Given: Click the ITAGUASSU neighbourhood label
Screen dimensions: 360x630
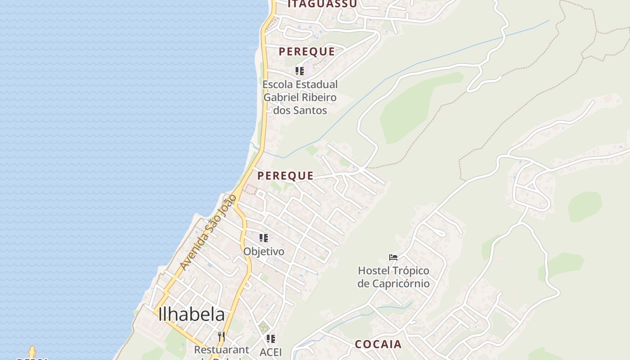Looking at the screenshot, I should (x=322, y=4).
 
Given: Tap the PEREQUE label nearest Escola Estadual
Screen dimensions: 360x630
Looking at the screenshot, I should (x=306, y=52).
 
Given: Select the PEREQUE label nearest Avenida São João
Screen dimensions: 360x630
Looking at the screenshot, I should (x=285, y=176).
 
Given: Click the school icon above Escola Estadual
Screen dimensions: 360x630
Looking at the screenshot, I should (x=300, y=71).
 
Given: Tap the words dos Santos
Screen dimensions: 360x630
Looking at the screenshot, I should (x=300, y=110).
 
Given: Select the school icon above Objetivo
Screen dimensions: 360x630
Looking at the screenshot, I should (x=264, y=238).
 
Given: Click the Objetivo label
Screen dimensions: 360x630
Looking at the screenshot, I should (x=264, y=252).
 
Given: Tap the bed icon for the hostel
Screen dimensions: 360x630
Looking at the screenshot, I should (x=393, y=257).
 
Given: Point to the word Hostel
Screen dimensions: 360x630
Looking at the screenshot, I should (x=374, y=271).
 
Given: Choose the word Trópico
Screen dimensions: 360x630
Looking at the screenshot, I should (x=411, y=271).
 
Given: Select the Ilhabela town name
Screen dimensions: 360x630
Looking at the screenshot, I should (x=191, y=315).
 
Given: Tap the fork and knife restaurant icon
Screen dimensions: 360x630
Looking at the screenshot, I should (x=221, y=337).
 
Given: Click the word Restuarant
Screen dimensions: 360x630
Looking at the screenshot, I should (x=221, y=350).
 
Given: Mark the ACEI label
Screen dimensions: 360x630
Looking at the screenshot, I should (x=270, y=352).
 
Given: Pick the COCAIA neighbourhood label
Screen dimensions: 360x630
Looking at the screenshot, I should (x=378, y=344).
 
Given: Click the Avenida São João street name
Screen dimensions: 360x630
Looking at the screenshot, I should (x=208, y=233).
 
